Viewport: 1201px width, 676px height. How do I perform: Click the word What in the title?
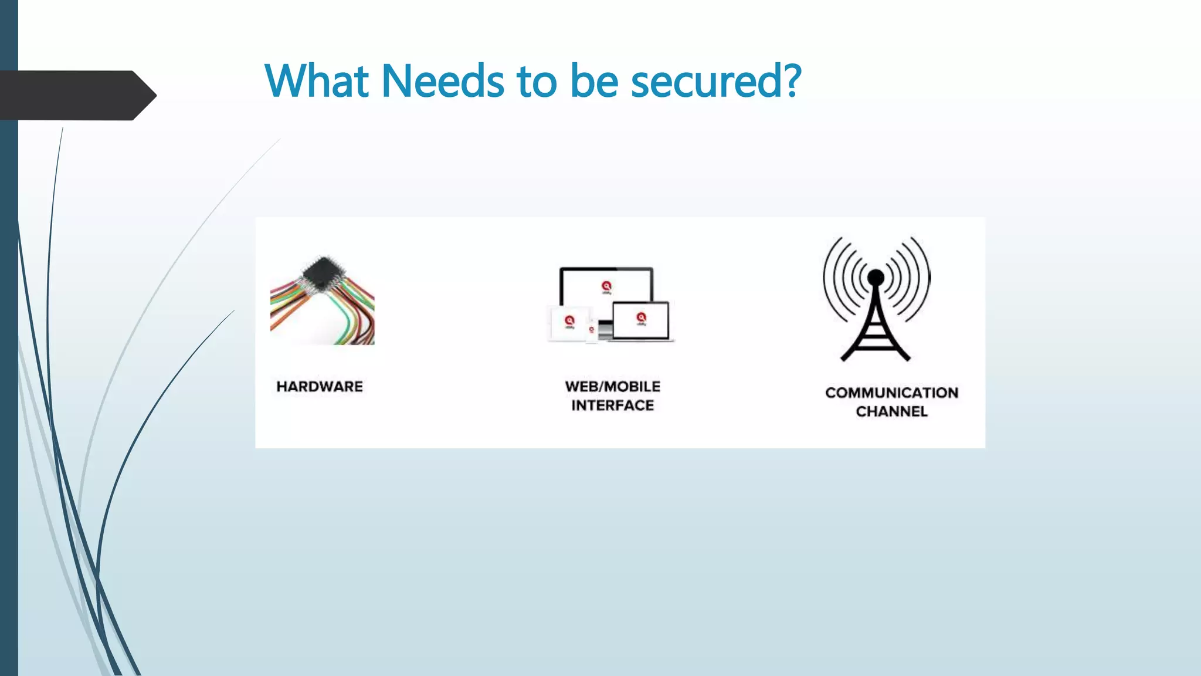(x=317, y=80)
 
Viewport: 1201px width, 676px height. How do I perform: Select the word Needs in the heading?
(x=443, y=80)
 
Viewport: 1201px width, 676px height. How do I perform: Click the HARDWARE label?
(x=320, y=387)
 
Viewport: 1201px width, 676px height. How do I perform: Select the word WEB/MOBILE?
(x=612, y=387)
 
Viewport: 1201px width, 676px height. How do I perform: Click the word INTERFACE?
(x=612, y=405)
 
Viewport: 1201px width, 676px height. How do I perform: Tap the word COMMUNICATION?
(x=891, y=393)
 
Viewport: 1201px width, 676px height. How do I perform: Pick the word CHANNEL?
(x=891, y=411)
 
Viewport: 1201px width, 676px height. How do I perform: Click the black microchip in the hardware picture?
(x=322, y=272)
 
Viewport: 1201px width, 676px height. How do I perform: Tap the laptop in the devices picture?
(x=641, y=321)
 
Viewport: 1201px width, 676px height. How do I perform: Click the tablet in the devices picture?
(x=568, y=323)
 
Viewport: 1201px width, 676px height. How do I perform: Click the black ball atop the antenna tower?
(x=876, y=277)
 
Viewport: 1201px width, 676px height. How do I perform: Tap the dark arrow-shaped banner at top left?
(x=76, y=95)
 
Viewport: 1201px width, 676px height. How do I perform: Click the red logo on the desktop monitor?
(x=606, y=286)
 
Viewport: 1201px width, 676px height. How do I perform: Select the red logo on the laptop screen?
(x=641, y=317)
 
